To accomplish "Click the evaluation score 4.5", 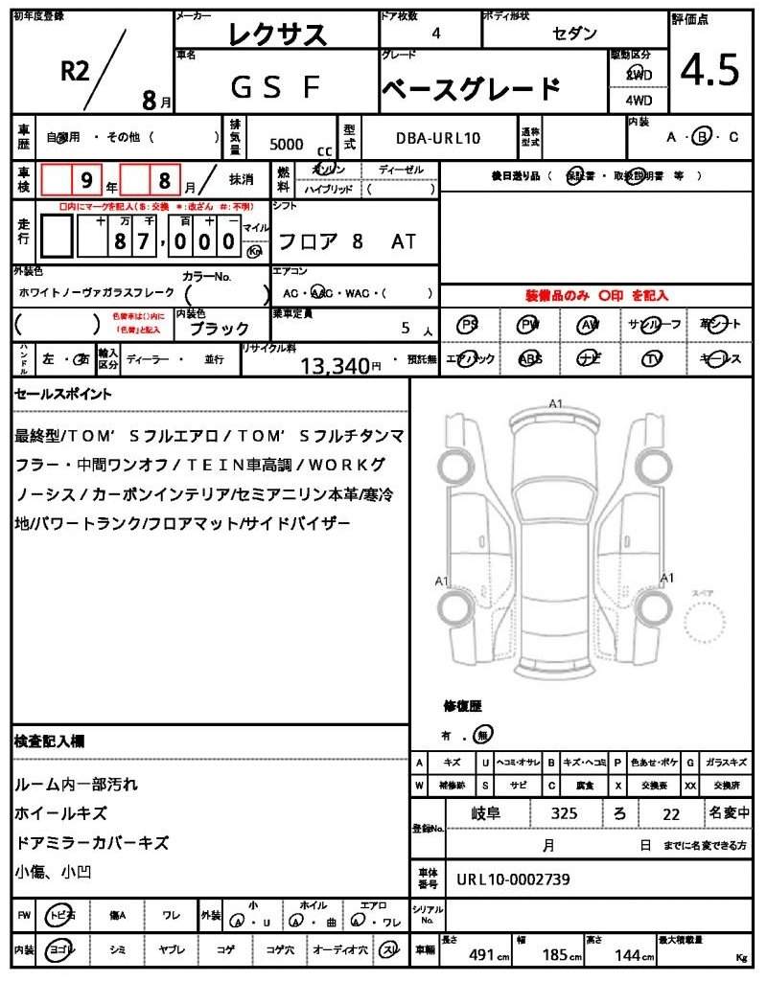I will click(x=710, y=69).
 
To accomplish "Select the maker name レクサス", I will click(x=278, y=34).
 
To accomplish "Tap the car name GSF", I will click(x=275, y=87).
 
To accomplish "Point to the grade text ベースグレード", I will click(x=471, y=89).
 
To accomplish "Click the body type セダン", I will click(x=574, y=34).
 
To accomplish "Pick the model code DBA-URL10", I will click(x=438, y=138).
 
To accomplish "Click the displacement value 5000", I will click(x=287, y=144).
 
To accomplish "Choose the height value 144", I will click(x=628, y=955).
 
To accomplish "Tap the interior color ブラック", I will click(x=220, y=329).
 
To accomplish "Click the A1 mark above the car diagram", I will click(x=555, y=403).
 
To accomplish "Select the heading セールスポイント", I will click(x=63, y=394).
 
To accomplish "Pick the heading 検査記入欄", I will click(x=50, y=741).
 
